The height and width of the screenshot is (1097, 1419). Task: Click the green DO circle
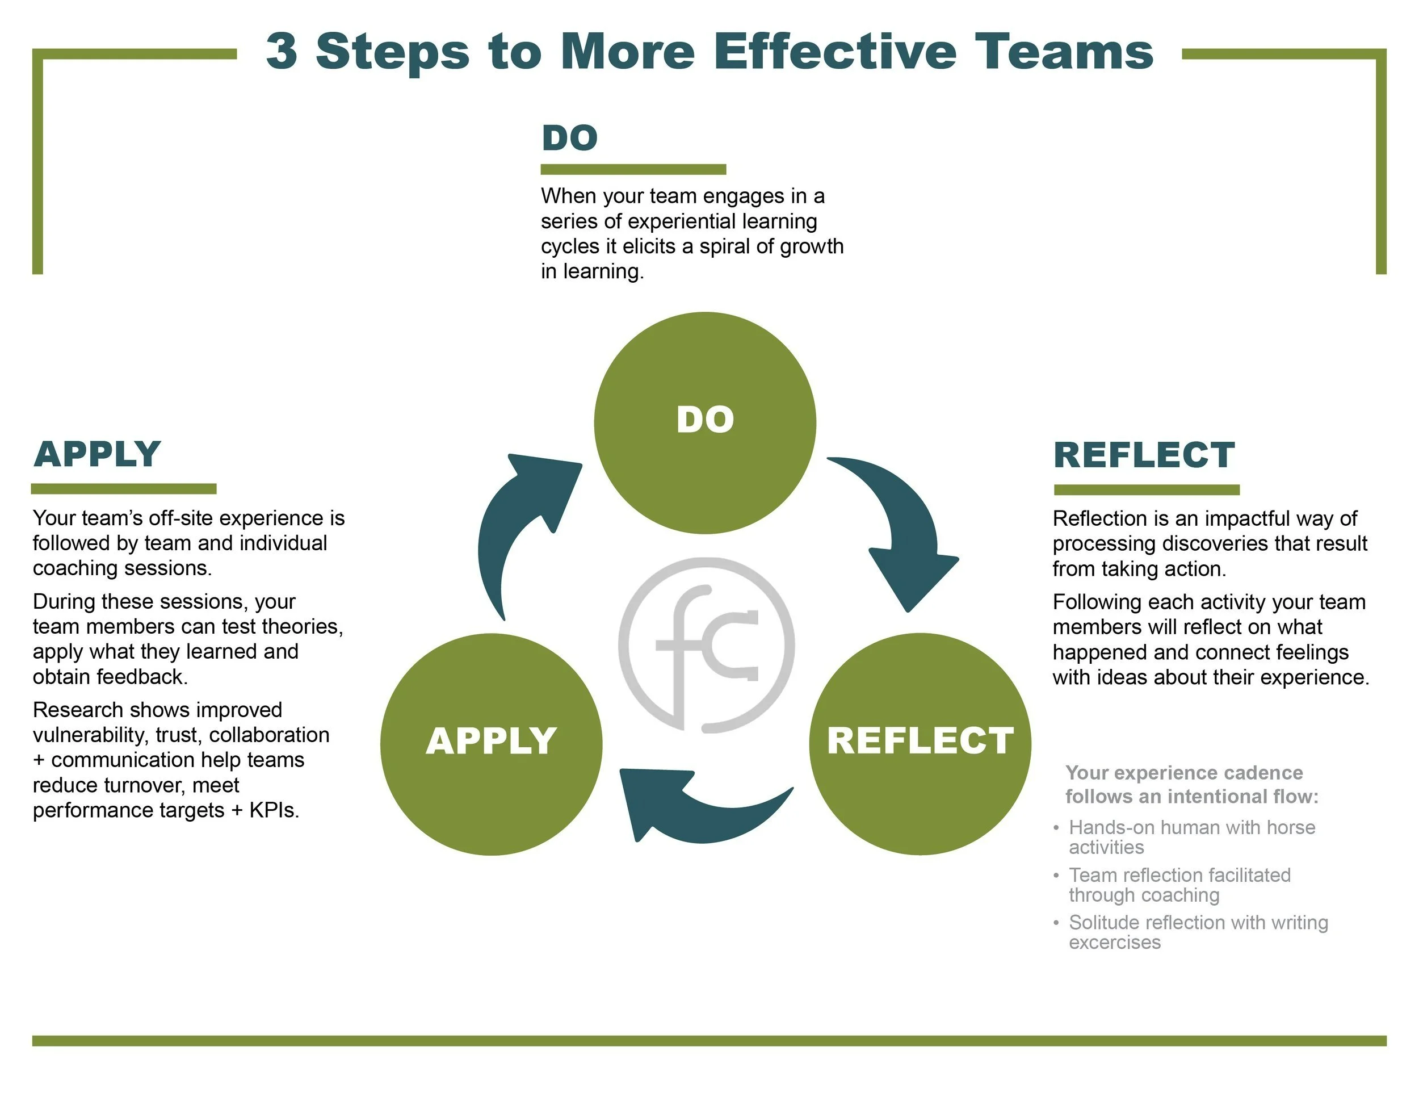[705, 422]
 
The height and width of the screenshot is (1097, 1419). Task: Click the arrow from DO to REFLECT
[903, 526]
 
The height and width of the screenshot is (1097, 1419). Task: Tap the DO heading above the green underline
[569, 138]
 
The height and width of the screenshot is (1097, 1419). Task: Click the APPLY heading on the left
[98, 454]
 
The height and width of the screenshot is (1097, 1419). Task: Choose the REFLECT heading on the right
[1144, 454]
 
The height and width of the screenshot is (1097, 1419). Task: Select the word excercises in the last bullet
[1114, 943]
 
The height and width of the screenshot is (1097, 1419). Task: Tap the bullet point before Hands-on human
[1056, 828]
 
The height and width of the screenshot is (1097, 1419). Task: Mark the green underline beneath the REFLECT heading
[1146, 489]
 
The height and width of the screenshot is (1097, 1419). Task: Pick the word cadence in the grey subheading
[1261, 773]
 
